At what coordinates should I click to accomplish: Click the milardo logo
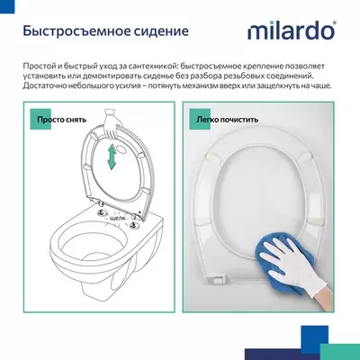pos(294,32)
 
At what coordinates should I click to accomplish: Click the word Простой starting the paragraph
pos(41,68)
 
